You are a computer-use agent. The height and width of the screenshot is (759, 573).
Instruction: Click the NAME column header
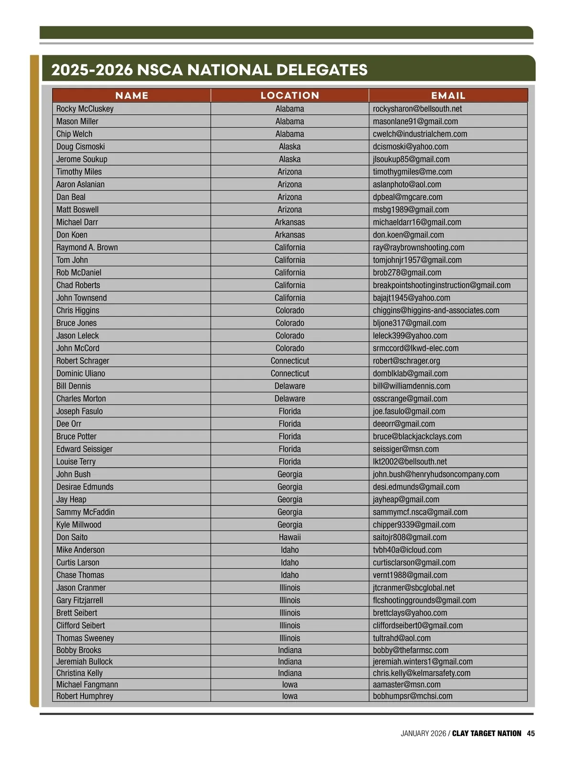[x=132, y=96]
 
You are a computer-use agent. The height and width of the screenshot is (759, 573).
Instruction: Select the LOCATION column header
[x=290, y=96]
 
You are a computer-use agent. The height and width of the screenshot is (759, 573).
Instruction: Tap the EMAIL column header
[x=448, y=96]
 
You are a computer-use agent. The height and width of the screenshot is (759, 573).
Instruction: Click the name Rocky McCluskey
[x=85, y=109]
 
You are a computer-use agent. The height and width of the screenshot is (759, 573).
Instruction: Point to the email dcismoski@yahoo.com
[x=410, y=147]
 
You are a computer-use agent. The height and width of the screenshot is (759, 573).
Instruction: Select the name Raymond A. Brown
[x=87, y=248]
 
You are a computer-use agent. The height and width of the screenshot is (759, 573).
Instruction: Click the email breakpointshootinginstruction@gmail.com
[x=441, y=285]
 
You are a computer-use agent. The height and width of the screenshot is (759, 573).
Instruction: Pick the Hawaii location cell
[x=290, y=537]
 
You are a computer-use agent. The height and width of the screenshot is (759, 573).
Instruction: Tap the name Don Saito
[x=72, y=537]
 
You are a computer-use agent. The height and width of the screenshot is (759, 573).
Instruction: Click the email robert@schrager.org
[x=406, y=361]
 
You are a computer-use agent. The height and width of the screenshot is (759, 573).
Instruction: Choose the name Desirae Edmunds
[x=85, y=487]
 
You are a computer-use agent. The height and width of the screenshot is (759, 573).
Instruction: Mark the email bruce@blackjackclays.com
[x=417, y=436]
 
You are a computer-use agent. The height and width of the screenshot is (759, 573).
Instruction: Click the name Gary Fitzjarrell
[x=80, y=600]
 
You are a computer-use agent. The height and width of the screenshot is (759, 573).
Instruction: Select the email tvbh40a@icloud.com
[x=407, y=550]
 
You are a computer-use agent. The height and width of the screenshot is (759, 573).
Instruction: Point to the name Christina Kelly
[x=79, y=673]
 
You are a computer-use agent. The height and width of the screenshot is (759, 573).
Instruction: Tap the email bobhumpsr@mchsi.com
[x=412, y=696]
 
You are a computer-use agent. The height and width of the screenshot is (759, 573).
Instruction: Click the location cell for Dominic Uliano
[x=290, y=373]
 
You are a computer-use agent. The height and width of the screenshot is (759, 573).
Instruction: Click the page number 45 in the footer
[x=531, y=734]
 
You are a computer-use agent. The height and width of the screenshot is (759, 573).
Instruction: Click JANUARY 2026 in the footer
[x=423, y=734]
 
